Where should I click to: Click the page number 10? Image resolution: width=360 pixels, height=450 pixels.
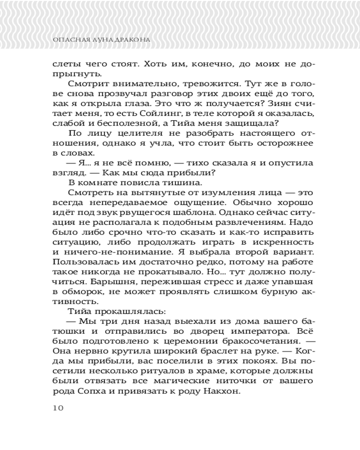tap(58, 408)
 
